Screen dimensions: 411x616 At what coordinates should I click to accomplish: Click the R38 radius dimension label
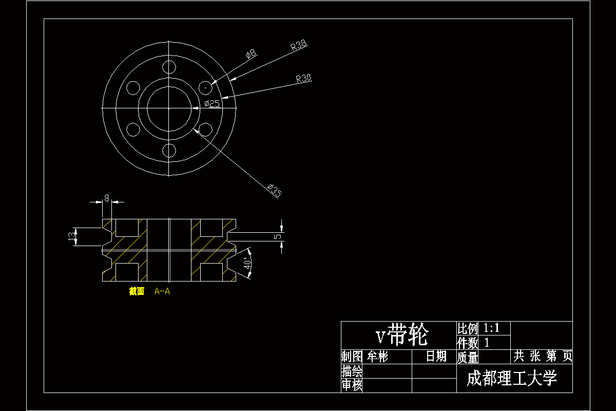coord(298,46)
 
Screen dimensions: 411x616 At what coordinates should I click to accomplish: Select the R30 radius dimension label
coord(303,79)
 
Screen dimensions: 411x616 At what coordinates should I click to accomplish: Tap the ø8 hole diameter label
coord(251,53)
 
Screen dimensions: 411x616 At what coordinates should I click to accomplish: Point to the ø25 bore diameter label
coord(212,104)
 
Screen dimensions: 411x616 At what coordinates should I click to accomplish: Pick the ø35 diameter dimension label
coord(275,191)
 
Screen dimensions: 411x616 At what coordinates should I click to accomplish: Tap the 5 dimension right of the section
coord(278,237)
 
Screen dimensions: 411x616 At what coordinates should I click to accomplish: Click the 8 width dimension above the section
coord(107,197)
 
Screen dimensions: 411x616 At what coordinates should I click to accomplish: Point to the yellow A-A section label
coord(162,292)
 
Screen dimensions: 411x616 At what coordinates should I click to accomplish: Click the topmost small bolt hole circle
coord(169,67)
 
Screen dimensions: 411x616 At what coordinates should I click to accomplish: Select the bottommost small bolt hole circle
coord(169,150)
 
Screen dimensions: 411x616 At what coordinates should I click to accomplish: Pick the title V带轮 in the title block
coord(401,335)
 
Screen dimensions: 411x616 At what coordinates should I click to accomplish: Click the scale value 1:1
coord(492,328)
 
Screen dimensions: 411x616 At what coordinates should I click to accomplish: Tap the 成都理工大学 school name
coord(512,379)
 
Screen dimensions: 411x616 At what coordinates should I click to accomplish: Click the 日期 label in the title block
coord(436,357)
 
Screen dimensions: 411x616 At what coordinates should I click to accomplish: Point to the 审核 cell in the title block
coord(352,385)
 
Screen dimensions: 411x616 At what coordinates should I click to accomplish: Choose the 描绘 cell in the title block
coord(352,371)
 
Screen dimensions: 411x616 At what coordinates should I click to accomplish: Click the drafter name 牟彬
coord(377,357)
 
